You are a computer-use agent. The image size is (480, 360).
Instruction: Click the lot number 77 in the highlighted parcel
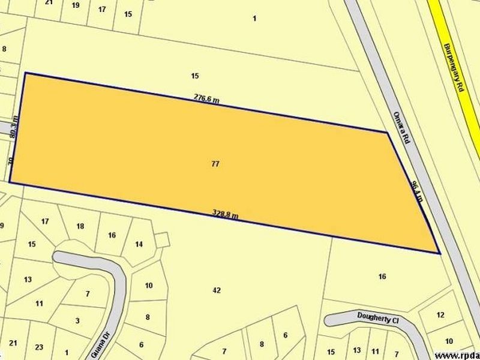pyautogui.click(x=215, y=164)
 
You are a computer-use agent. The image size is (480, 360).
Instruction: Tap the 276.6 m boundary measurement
pyautogui.click(x=206, y=98)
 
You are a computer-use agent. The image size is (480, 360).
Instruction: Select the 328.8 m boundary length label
pyautogui.click(x=226, y=214)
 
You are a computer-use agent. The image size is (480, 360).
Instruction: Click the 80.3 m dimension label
pyautogui.click(x=16, y=127)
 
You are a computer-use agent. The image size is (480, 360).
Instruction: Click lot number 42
pyautogui.click(x=217, y=290)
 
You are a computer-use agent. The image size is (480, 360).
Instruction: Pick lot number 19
pyautogui.click(x=75, y=5)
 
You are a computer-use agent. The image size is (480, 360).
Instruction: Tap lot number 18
pyautogui.click(x=81, y=226)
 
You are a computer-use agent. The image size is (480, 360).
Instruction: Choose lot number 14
pyautogui.click(x=139, y=244)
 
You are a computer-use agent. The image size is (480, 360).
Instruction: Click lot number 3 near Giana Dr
pyautogui.click(x=77, y=320)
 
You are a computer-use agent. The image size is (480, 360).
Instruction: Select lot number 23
pyautogui.click(x=40, y=346)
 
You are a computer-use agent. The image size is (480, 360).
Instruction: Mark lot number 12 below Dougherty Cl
pyautogui.click(x=440, y=315)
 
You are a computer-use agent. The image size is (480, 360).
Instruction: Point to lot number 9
pyautogui.click(x=2, y=226)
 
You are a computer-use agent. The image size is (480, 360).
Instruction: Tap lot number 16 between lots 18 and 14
pyautogui.click(x=112, y=235)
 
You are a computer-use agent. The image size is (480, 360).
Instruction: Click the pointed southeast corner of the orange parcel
pyautogui.click(x=440, y=253)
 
